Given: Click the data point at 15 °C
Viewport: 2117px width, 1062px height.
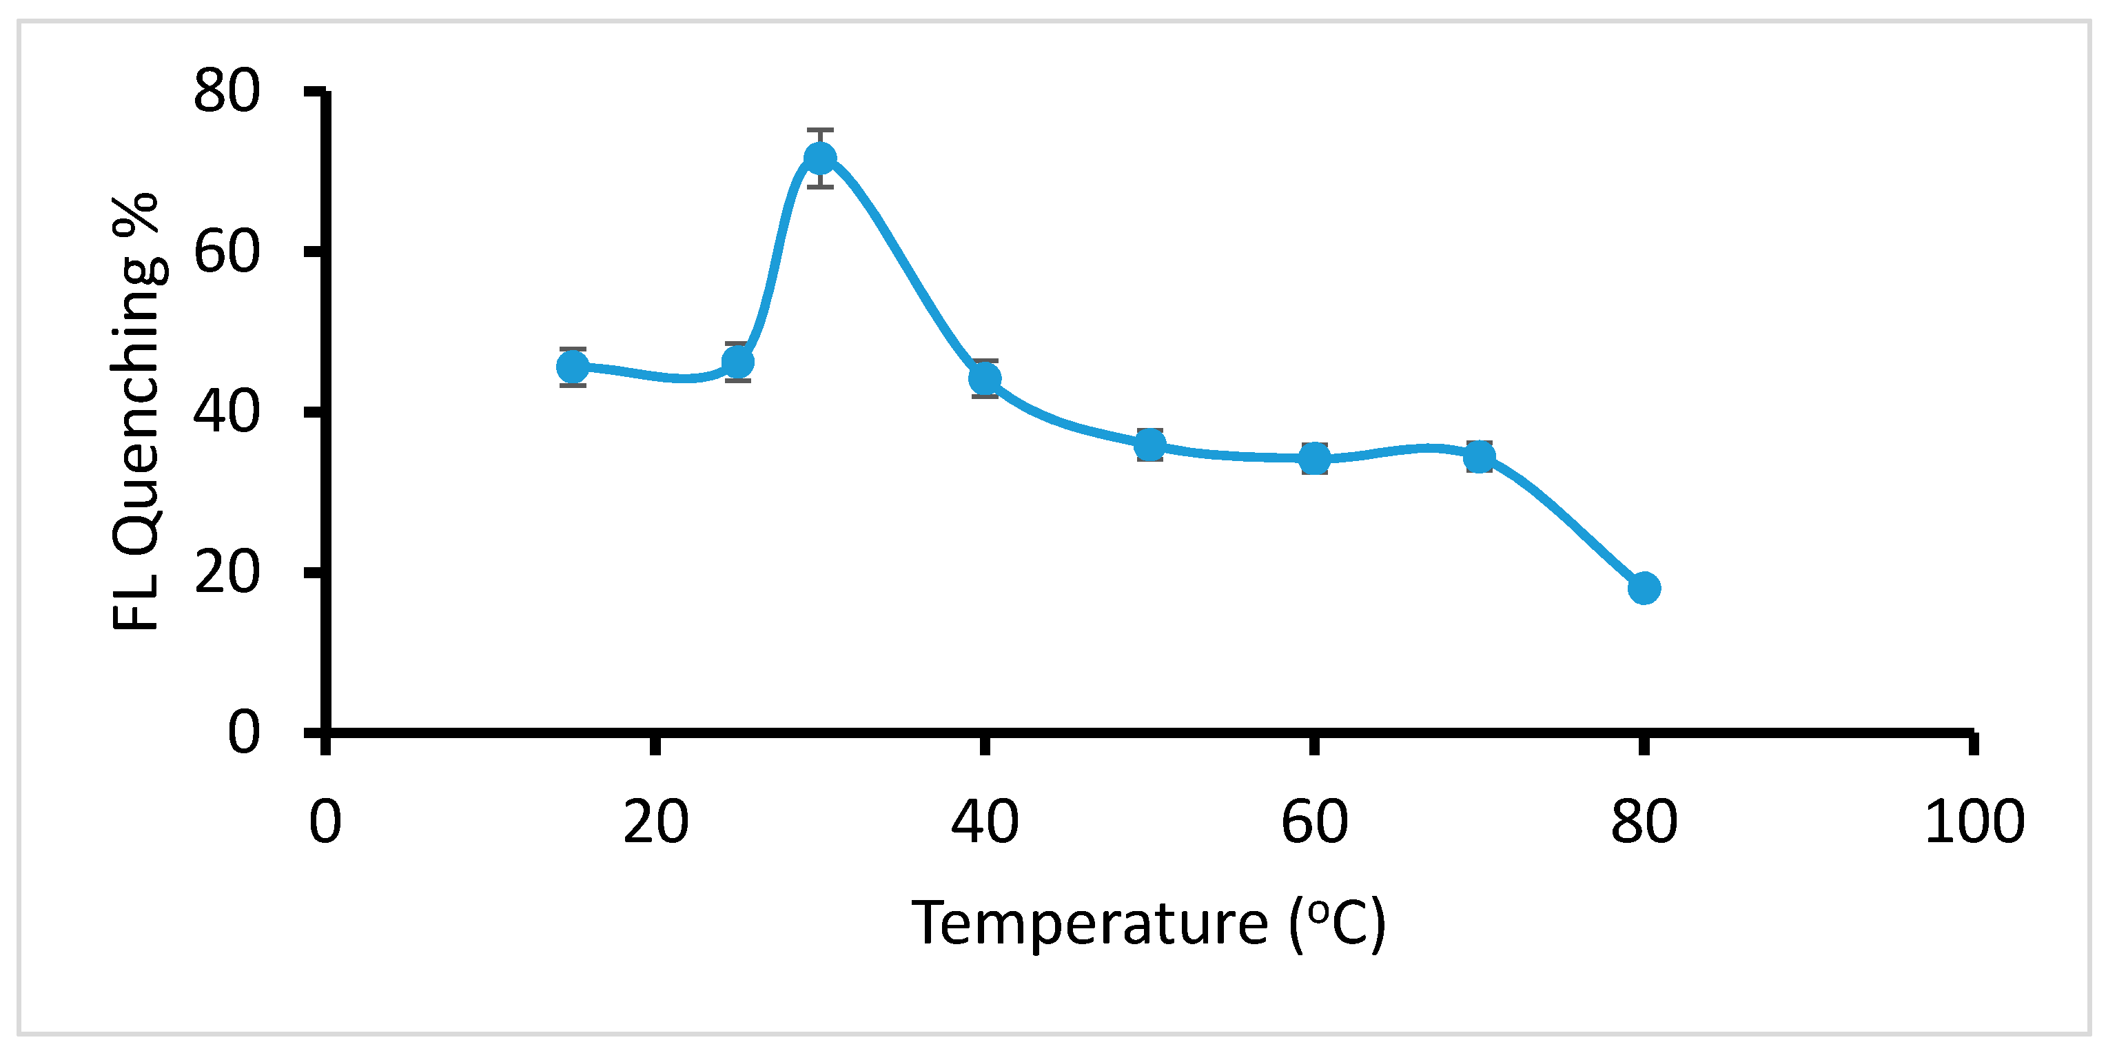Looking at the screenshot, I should click(x=573, y=367).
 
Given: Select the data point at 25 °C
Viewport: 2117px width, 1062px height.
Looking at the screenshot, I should click(x=738, y=362).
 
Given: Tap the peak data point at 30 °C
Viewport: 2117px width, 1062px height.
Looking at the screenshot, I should click(x=820, y=159).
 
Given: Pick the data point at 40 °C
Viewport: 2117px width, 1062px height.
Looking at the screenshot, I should click(x=985, y=379).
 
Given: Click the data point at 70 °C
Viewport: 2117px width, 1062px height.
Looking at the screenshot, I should click(x=1480, y=456).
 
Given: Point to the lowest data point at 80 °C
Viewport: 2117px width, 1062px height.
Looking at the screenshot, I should click(x=1644, y=588).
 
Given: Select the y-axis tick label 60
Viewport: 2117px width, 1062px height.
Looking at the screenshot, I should click(x=227, y=252).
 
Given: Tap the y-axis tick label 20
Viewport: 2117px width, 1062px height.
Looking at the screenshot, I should click(x=227, y=573).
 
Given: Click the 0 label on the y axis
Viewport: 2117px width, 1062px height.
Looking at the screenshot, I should click(x=244, y=732).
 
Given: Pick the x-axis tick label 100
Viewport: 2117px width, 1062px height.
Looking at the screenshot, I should click(x=1974, y=822).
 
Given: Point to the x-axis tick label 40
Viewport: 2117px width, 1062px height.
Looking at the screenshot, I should click(x=985, y=822).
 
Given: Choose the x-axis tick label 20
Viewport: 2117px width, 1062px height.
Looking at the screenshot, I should click(x=655, y=822).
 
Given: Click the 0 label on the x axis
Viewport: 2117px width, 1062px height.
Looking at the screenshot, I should click(x=325, y=822).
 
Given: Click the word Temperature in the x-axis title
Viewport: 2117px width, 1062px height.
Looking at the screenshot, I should click(x=1091, y=925).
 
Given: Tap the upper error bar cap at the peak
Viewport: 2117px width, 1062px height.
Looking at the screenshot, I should click(x=820, y=130).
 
